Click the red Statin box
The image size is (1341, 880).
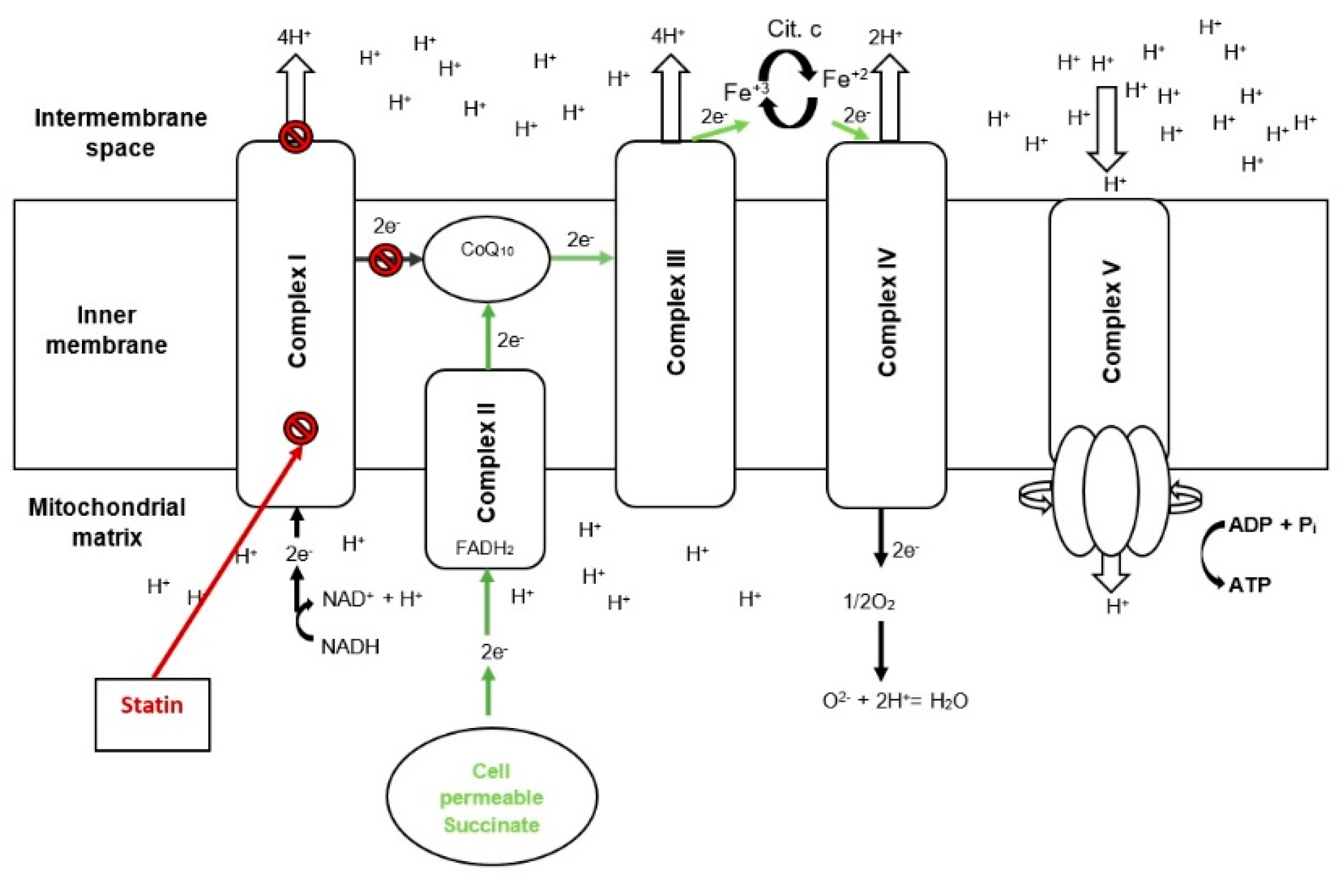152,714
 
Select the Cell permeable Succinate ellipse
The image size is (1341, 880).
492,796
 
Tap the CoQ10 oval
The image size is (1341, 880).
486,259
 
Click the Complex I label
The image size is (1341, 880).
297,311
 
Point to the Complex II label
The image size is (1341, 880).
486,463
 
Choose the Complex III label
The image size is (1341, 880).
676,312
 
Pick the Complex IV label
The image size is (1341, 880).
887,312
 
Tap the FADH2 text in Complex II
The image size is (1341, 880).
485,548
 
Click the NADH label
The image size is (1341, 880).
350,646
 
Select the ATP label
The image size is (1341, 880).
1250,585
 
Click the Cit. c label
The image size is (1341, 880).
794,28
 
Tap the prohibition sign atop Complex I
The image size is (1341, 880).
295,137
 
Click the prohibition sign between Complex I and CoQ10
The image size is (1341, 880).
386,260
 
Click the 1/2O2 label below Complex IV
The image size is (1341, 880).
869,602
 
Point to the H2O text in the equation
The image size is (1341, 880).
949,701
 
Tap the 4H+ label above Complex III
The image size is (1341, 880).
668,36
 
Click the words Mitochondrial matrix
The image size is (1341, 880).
107,522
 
